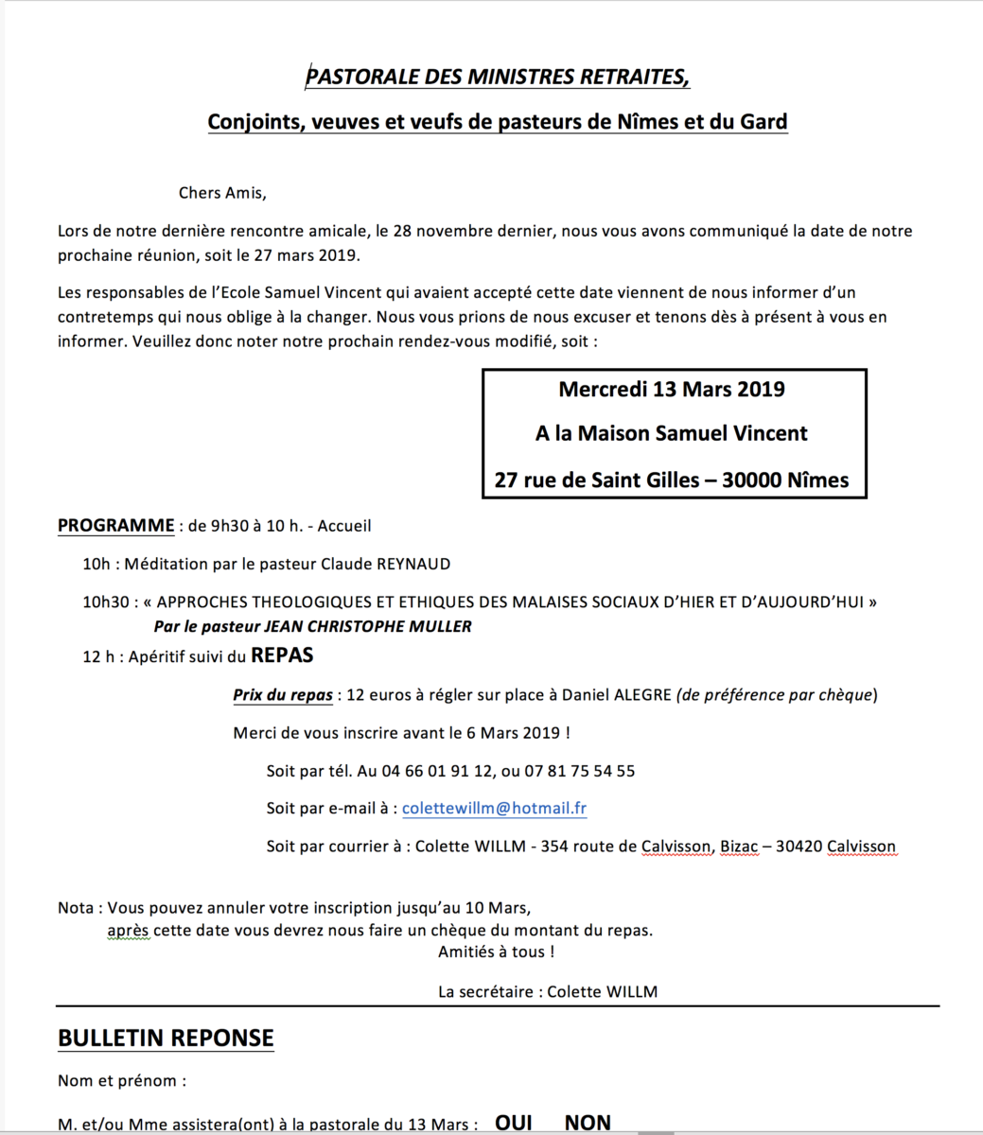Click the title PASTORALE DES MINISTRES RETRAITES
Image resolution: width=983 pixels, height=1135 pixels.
[x=497, y=77]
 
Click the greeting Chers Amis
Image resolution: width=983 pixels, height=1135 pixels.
[x=222, y=193]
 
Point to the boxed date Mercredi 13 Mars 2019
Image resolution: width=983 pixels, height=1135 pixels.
[x=672, y=389]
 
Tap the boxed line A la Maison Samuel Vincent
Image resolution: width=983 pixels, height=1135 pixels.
[x=672, y=434]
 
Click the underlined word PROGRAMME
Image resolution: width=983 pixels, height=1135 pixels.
[x=116, y=526]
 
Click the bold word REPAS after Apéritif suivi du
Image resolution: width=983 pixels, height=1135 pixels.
[x=282, y=655]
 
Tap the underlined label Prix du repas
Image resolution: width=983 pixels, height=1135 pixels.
[x=283, y=695]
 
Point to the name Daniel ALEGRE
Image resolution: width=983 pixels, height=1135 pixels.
[x=616, y=695]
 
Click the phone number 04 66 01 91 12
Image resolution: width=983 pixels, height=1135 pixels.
[x=425, y=771]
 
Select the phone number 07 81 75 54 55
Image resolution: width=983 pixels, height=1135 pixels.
[x=579, y=771]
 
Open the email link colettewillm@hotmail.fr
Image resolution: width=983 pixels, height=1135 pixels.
[x=494, y=809]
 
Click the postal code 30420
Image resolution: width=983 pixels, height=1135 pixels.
[x=799, y=847]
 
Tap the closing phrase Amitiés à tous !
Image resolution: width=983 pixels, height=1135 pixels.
[x=496, y=952]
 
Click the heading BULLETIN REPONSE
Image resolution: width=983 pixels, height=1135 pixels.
[x=166, y=1038]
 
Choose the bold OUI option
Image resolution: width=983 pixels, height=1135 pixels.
[x=514, y=1123]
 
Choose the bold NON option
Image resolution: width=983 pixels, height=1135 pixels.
[x=588, y=1123]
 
